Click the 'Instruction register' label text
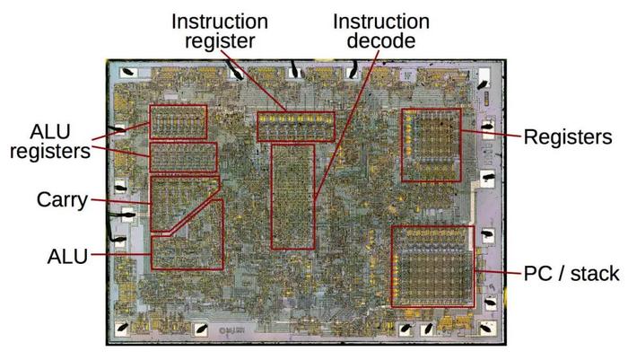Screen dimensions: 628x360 (220, 31)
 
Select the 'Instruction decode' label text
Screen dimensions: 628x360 (381, 31)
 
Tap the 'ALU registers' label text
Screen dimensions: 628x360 (50, 142)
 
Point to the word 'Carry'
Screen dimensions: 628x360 (62, 199)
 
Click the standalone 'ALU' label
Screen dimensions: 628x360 (67, 257)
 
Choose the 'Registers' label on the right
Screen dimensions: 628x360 (568, 137)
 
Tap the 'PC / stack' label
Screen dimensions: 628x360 (571, 274)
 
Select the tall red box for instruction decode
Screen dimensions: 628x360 (272, 197)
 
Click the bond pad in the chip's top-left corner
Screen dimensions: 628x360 (128, 73)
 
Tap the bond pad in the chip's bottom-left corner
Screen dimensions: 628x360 (123, 329)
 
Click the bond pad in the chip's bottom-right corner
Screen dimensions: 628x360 (486, 329)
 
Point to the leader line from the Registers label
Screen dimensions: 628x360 (492, 134)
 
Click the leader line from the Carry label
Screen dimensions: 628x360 (121, 202)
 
